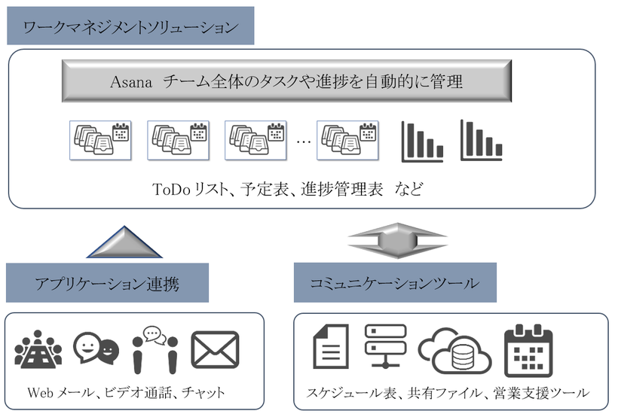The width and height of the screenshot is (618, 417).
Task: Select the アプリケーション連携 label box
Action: coord(106,283)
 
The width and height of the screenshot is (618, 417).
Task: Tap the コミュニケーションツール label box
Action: coord(394,283)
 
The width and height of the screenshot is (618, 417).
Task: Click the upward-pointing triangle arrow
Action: coord(124,242)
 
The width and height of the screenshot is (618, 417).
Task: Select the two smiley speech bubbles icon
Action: coord(96,349)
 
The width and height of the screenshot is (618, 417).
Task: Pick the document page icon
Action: coord(330,349)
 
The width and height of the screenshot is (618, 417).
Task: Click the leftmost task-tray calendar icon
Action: coord(100,139)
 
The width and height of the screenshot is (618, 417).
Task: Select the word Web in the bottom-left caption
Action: coord(40,393)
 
